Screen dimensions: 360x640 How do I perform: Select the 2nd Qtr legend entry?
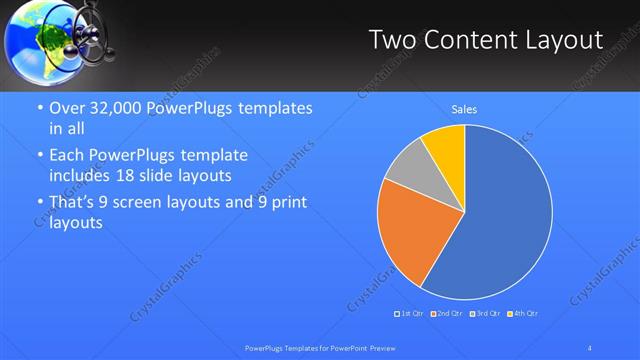pos(447,314)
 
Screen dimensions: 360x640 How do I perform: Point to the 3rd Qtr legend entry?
pos(484,314)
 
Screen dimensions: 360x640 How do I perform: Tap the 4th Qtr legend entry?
pos(522,314)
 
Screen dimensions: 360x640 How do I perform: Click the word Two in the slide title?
pos(393,40)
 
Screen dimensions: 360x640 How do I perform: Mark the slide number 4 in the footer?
pos(590,347)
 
